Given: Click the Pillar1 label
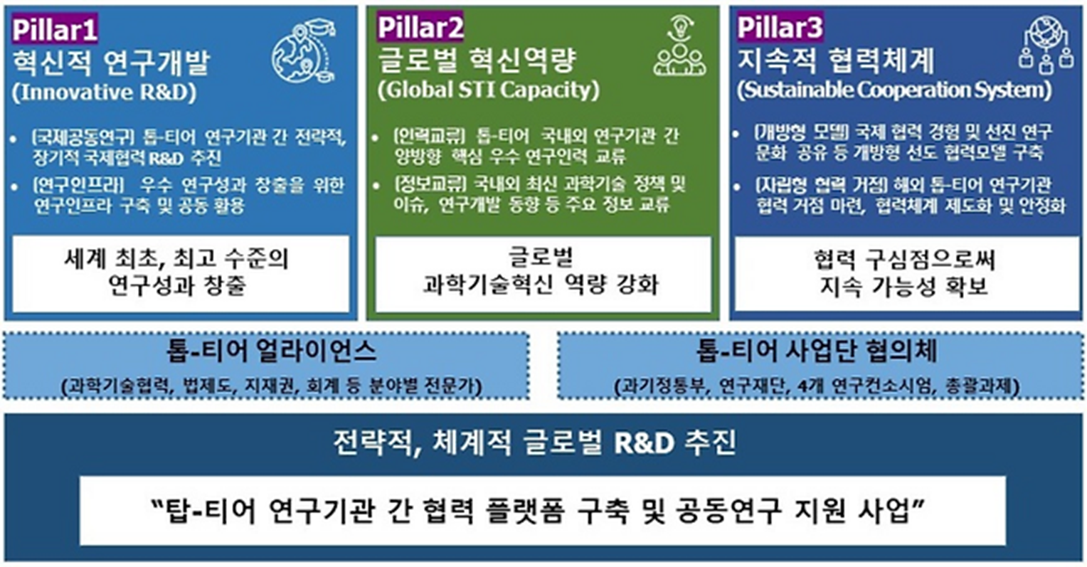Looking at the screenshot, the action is tap(55, 28).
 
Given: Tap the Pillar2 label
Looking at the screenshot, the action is tap(420, 27).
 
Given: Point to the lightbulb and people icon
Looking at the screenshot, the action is tap(680, 46).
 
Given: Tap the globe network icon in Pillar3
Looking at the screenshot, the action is tap(1046, 45).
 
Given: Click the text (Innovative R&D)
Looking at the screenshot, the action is tap(105, 92).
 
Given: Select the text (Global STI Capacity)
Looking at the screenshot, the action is tap(489, 90).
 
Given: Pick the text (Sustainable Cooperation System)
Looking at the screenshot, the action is tap(894, 90).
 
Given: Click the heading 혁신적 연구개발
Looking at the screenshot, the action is tap(111, 62).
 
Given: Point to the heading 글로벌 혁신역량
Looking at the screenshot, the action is tap(477, 60).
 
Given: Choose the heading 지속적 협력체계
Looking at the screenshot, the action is tap(836, 60).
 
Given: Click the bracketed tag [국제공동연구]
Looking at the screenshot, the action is tap(83, 137).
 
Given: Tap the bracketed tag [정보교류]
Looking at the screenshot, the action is tap(430, 184).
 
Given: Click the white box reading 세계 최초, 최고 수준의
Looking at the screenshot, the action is tap(181, 274).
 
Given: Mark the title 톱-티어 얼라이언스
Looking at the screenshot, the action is tap(271, 351).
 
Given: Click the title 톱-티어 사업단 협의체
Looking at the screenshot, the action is tap(817, 351).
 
